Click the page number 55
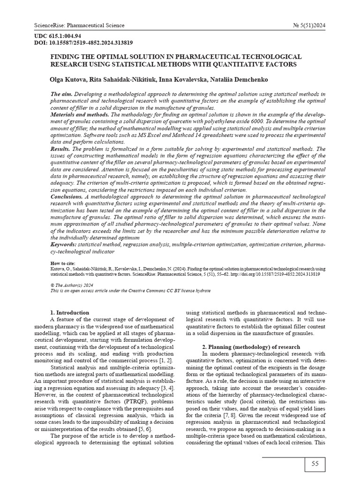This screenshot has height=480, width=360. (x=315, y=464)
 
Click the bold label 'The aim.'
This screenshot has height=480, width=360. (x=61, y=95)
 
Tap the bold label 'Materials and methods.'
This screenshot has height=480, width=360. (x=80, y=115)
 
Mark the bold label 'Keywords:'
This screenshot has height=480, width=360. (x=63, y=245)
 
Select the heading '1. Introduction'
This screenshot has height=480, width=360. (x=69, y=313)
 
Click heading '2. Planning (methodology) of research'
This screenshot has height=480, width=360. (x=251, y=347)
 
